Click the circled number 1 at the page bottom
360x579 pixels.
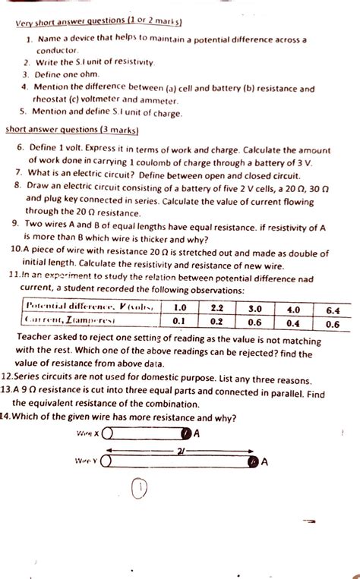138,491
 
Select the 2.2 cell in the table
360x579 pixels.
216,309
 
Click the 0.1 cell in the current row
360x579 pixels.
179,323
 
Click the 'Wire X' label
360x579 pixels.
88,433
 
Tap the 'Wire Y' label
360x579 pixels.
86,461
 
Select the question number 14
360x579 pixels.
9,417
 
